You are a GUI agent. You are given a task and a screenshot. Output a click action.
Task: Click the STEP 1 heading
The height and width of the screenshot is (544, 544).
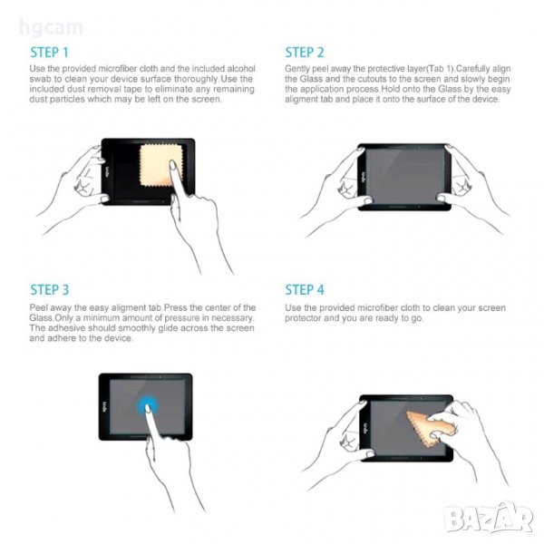click(x=49, y=53)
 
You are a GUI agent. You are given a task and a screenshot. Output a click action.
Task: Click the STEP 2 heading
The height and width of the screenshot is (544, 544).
click(x=305, y=53)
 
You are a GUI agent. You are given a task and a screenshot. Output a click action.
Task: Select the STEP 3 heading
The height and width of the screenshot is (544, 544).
click(x=50, y=290)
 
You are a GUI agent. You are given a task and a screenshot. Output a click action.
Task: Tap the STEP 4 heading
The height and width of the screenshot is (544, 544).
click(x=305, y=290)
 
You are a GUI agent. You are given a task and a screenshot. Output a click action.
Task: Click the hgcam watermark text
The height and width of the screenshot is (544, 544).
click(x=51, y=28)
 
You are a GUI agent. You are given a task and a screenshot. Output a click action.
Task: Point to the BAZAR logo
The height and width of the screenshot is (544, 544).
click(x=490, y=518)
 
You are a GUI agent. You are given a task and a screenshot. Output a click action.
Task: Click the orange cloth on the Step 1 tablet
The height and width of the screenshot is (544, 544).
click(x=157, y=165)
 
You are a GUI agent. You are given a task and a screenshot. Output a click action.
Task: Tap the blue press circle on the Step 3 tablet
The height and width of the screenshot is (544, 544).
click(x=148, y=405)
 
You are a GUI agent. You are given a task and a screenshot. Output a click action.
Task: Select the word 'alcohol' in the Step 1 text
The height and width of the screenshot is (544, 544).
click(x=241, y=69)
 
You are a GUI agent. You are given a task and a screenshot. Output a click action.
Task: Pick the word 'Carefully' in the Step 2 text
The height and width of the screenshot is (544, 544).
click(x=471, y=69)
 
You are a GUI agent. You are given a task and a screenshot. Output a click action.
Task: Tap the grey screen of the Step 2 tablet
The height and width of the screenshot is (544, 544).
click(x=405, y=176)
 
